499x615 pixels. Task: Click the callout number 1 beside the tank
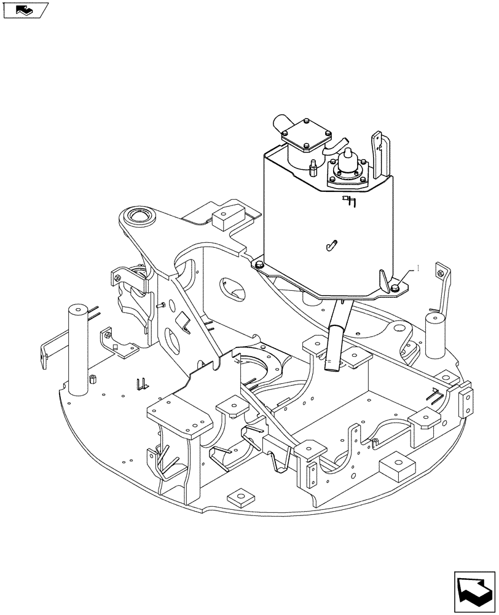click(x=418, y=268)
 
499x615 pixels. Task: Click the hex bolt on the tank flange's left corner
click(x=259, y=264)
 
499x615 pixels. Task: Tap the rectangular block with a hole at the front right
click(x=395, y=467)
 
